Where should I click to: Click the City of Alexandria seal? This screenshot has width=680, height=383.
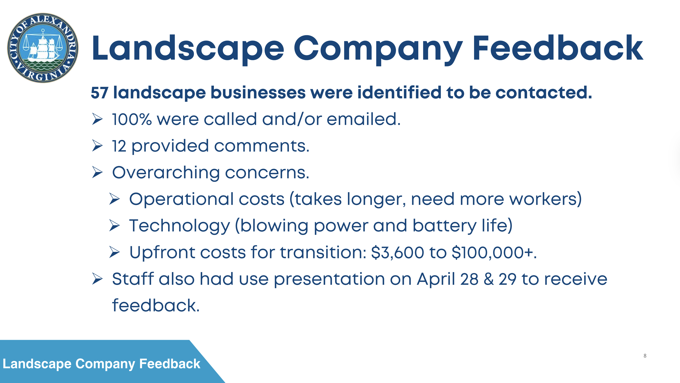(43, 48)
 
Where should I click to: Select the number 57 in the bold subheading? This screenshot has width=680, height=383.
(100, 93)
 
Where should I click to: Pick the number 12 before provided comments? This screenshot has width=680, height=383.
(119, 146)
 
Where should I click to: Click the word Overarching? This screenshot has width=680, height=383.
(166, 173)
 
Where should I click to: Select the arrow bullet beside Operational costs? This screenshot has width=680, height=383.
(115, 199)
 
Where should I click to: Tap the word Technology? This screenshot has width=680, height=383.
(179, 226)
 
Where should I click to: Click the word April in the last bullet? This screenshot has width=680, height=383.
(436, 279)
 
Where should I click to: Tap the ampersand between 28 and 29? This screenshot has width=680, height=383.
(489, 279)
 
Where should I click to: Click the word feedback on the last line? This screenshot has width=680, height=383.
(156, 305)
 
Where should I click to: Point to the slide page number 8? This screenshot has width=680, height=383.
(645, 356)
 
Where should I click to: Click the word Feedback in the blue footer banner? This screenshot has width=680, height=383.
(170, 364)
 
